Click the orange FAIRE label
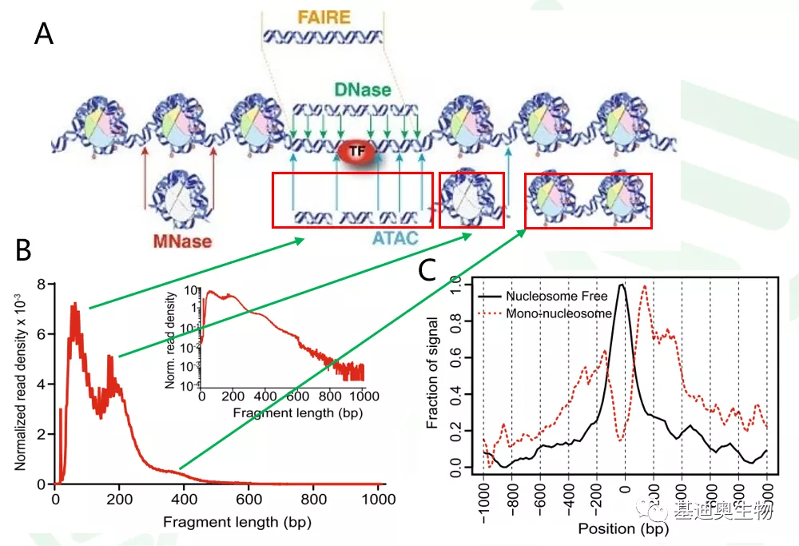tap(324, 17)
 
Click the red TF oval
tap(352, 150)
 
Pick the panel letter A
tap(44, 34)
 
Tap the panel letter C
tap(427, 270)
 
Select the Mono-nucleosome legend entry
tap(559, 313)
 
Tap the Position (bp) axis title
tap(624, 528)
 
